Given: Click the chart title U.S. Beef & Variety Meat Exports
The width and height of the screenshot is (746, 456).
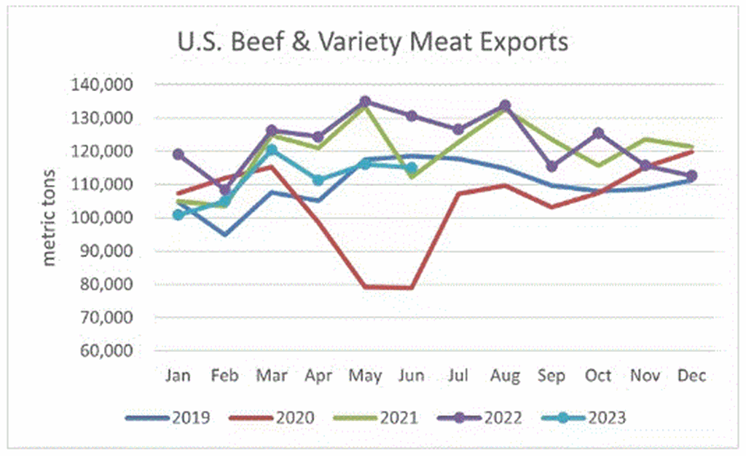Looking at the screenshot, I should coord(372,42).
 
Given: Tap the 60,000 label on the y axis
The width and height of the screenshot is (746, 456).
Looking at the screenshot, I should coord(105,350).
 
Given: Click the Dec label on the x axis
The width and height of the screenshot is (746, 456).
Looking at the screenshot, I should coord(691,376).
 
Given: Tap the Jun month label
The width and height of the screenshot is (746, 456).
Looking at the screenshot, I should coord(411,376).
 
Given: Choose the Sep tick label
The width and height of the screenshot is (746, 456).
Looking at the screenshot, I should coord(551,376).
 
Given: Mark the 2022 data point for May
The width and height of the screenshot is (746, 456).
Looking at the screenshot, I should coord(365,102).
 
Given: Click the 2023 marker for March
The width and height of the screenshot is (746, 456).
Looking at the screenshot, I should coord(271,151).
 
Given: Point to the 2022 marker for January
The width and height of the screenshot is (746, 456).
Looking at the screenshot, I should coord(178,154).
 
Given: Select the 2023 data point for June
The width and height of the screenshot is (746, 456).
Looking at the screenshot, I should coord(411,168).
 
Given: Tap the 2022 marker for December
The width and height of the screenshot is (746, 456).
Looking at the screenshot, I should coord(691,176).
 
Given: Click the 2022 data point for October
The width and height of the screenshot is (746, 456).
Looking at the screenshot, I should coord(598,133).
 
